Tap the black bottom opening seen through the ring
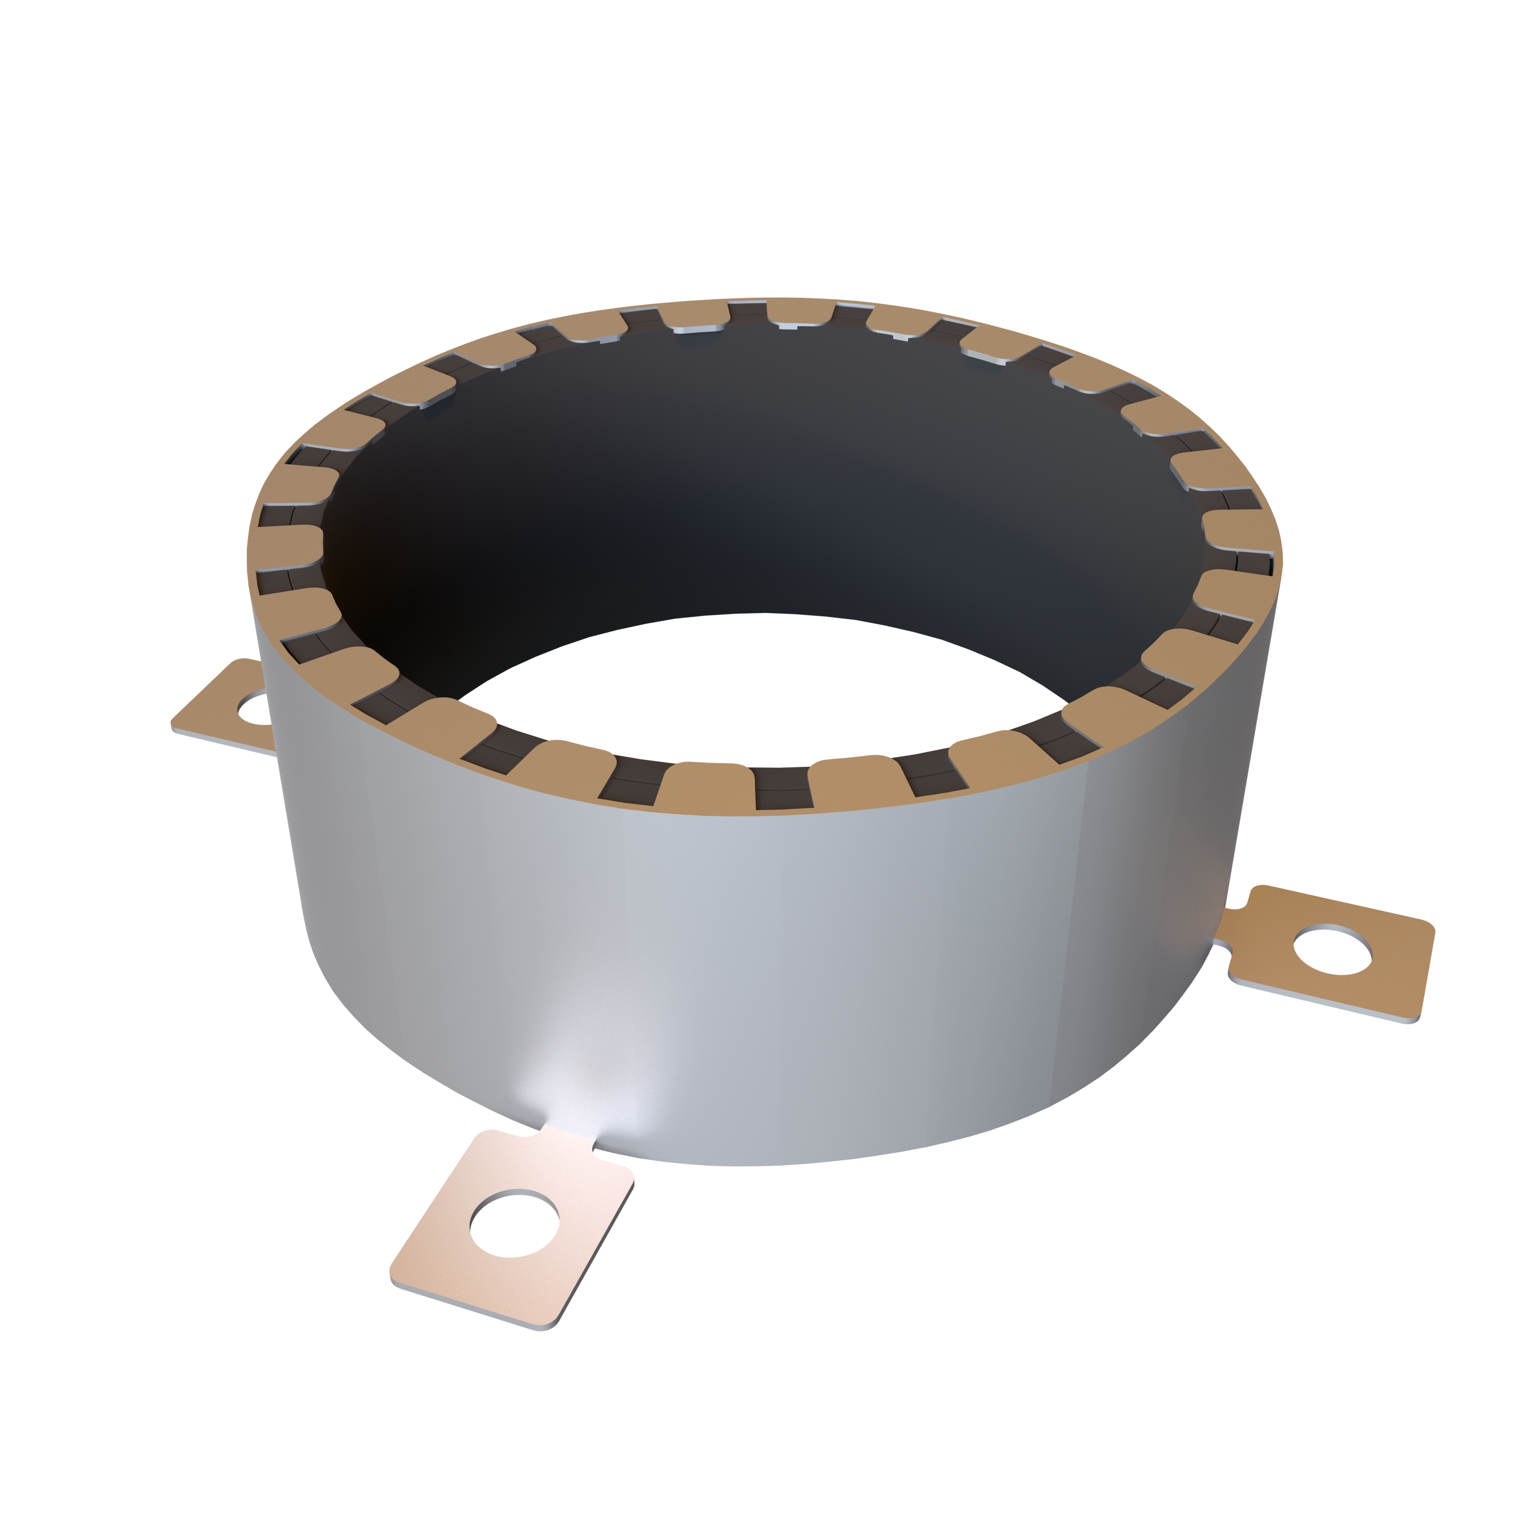[761, 675]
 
